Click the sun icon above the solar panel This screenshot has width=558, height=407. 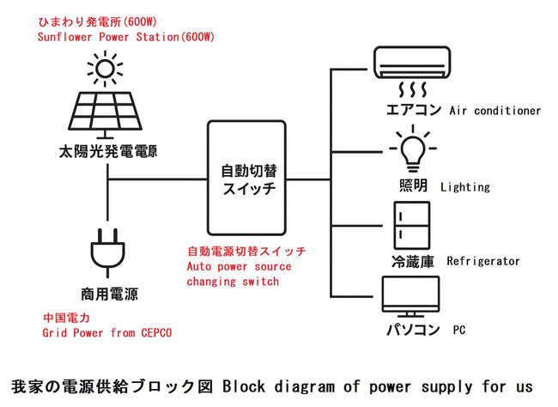pos(105,68)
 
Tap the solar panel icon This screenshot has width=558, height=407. pos(106,110)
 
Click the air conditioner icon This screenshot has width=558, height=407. pos(412,63)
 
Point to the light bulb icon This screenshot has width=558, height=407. pos(410,148)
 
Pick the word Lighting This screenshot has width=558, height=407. pos(464,186)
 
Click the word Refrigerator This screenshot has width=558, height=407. pos(483,261)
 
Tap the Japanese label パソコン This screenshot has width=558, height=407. pos(413,329)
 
